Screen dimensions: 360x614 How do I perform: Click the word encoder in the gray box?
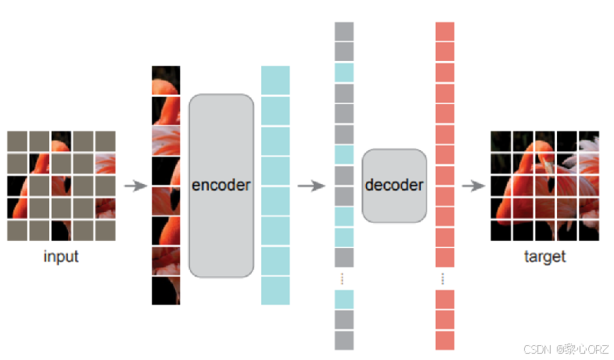click(x=221, y=185)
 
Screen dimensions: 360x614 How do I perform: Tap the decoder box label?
click(x=394, y=185)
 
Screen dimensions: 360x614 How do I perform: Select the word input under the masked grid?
click(x=61, y=257)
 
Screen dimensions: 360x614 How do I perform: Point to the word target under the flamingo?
click(x=544, y=257)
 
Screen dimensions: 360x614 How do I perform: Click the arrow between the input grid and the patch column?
click(x=136, y=186)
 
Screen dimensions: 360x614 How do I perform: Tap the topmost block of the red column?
click(x=444, y=31)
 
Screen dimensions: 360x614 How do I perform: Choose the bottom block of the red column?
click(x=444, y=340)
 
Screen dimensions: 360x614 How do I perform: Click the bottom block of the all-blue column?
click(x=275, y=290)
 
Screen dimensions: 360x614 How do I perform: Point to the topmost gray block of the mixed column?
click(x=344, y=31)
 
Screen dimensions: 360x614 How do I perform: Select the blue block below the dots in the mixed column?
click(x=344, y=299)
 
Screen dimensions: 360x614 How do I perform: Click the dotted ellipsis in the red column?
click(x=444, y=278)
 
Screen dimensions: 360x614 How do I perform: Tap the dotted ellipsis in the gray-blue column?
click(x=344, y=278)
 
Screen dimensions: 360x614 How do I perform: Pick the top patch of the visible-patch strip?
click(x=166, y=80)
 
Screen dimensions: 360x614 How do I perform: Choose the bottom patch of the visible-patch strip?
click(x=166, y=290)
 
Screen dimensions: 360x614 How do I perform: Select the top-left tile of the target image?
click(x=501, y=141)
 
